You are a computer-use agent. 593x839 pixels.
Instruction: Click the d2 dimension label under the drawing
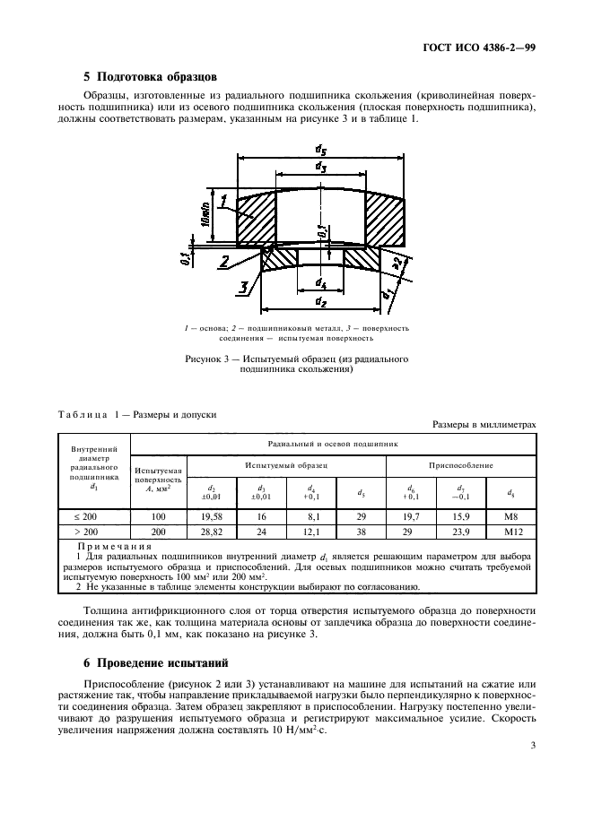point(320,304)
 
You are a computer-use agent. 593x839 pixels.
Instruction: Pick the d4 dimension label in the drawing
point(320,284)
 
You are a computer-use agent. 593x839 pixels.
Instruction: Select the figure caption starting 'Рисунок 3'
point(296,364)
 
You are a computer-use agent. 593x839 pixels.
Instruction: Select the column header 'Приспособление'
point(461,465)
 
